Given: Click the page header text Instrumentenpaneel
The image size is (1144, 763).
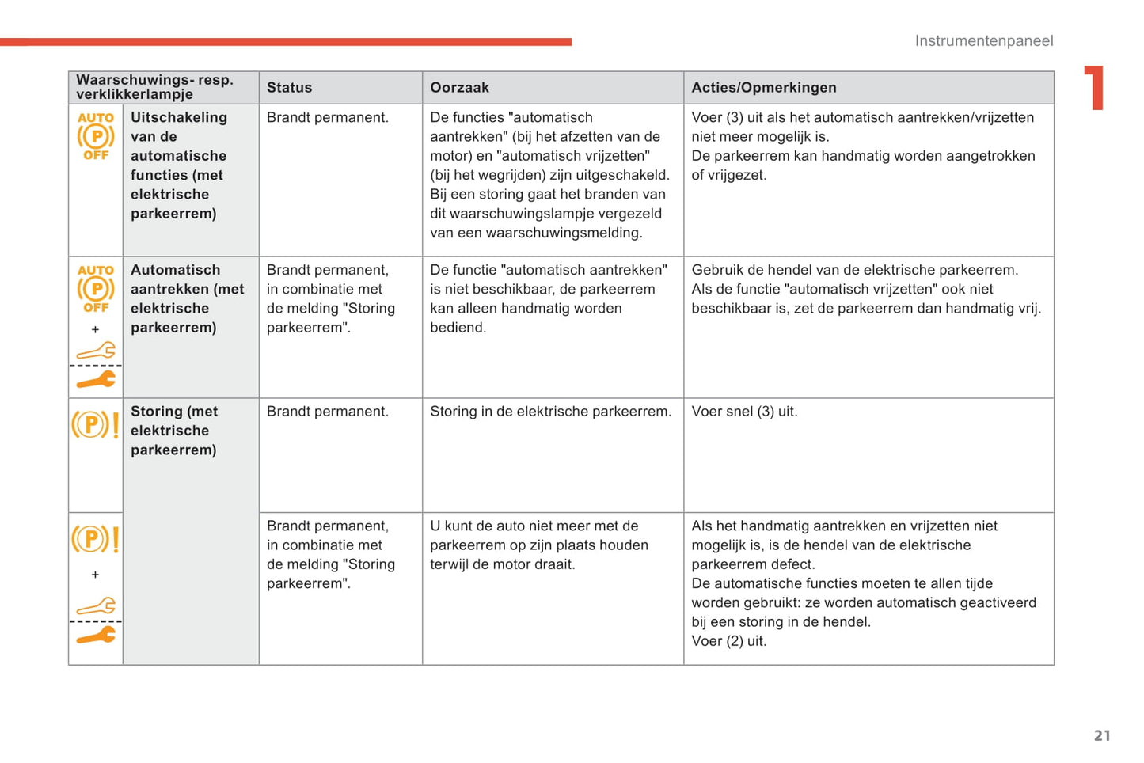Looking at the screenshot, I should coord(983,41).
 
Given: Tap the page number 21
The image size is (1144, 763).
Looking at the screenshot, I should coord(1102,735).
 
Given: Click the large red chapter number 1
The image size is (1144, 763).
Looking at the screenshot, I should coord(1094,87).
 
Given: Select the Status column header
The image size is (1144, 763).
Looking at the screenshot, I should coord(289,88).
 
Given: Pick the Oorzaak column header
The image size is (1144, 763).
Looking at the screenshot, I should coord(459,88).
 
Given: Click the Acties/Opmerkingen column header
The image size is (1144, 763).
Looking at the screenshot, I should coord(763,88).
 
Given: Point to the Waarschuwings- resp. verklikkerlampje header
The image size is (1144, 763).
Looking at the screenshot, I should coord(154,87).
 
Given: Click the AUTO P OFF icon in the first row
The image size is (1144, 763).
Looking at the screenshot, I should coord(96,136).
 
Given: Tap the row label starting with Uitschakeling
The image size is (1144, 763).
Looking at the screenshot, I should coord(178,165).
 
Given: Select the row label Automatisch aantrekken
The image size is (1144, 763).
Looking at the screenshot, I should coord(187,298).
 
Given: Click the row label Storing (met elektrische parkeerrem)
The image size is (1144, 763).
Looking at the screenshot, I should coord(173,431).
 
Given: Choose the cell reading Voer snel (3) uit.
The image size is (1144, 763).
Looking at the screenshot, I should coord(744,412).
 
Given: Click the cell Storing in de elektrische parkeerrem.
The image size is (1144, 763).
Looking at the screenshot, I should coord(550,412).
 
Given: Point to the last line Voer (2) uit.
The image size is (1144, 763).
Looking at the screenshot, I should coord(728,641).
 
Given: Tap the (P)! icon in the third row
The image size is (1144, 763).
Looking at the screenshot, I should coord(95,425).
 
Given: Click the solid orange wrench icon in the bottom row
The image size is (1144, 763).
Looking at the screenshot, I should coord(96,636).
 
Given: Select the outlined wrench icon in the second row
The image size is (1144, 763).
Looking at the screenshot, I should coord(96,351).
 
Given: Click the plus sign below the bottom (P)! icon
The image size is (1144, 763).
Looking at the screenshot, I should coord(95,575).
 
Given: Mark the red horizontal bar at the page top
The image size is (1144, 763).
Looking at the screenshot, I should coord(285,42).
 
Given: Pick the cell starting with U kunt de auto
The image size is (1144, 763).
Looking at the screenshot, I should coord(538,545).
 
